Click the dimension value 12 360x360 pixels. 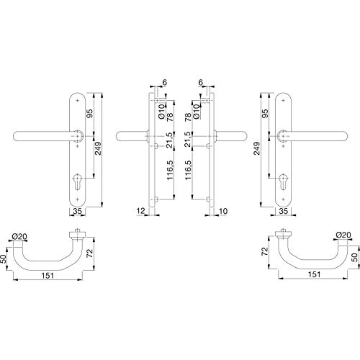(141, 211)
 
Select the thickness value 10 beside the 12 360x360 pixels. (223, 211)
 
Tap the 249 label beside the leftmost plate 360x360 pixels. (98, 148)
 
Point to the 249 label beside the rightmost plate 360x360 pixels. (257, 148)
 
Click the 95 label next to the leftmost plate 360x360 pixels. (89, 114)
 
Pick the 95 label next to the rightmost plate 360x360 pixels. (265, 114)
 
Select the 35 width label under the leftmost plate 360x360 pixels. (77, 211)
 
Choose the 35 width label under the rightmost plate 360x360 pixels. (284, 211)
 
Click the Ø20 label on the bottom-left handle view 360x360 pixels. (19, 237)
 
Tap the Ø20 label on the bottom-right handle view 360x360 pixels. (343, 235)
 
